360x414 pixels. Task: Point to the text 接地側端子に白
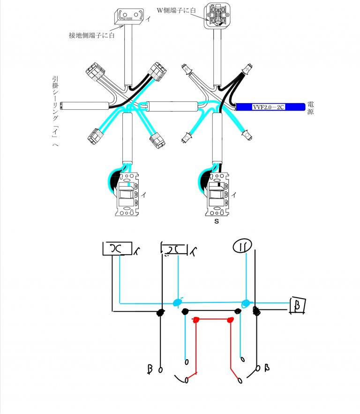coord(92,35)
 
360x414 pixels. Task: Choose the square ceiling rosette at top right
coord(216,17)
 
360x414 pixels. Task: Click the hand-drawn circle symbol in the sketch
coord(243,245)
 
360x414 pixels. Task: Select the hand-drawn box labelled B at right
coord(297,305)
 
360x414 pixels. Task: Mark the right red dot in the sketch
coord(230,320)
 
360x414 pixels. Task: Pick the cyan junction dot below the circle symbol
coord(245,304)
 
